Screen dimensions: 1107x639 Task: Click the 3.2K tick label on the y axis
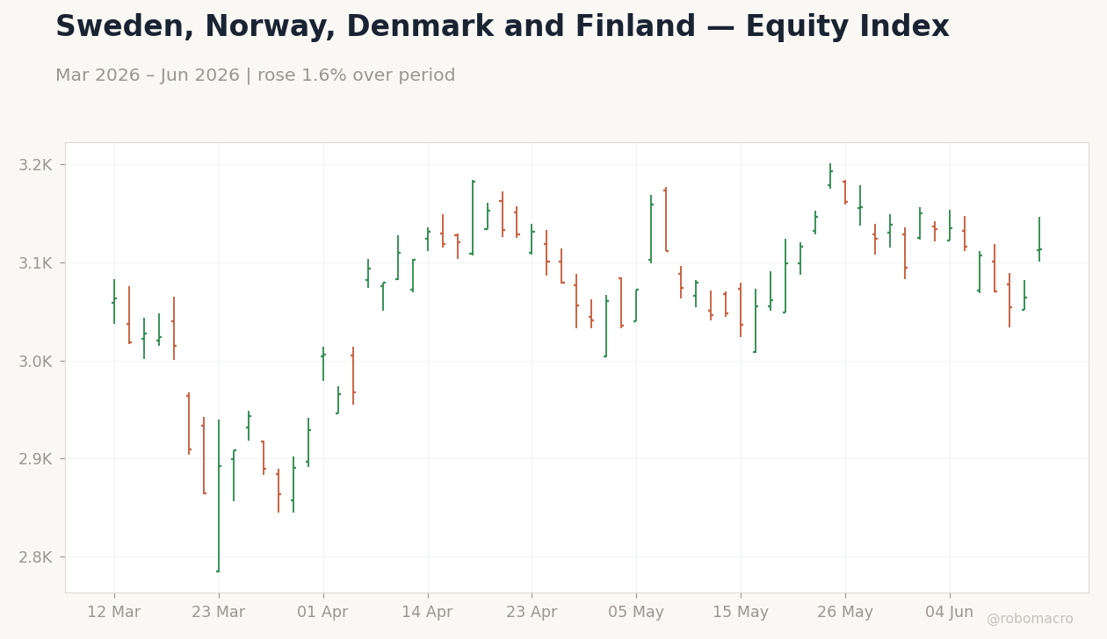35,165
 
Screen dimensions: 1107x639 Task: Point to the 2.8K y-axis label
35,557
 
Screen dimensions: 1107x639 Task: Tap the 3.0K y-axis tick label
35,362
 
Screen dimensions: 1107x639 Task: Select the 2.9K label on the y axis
35,459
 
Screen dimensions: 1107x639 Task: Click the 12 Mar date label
114,613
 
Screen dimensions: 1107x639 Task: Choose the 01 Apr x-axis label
322,613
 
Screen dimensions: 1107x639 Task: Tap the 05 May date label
636,613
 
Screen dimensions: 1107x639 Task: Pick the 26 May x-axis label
845,613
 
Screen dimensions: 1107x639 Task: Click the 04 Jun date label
950,613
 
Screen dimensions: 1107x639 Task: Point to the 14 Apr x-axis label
428,613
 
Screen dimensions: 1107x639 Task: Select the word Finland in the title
635,26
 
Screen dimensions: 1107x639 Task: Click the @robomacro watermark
1030,619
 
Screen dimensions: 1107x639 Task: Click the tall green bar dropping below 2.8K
219,496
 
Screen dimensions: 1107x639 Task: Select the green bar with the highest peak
830,176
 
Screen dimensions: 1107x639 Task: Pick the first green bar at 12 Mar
114,301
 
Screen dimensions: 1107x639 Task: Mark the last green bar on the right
1039,239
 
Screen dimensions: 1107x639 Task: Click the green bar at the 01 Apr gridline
323,363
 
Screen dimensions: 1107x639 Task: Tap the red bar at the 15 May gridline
741,310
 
